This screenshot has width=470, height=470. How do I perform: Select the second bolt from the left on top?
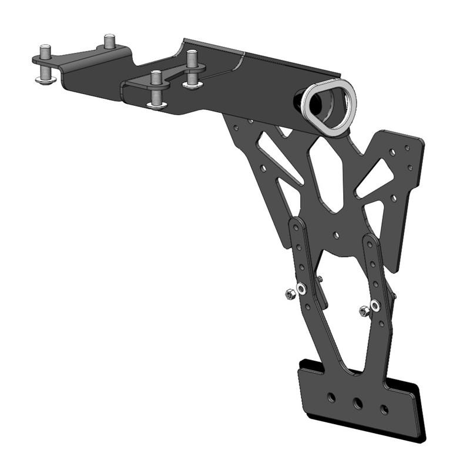(x=110, y=42)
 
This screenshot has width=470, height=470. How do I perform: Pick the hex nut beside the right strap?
(x=364, y=310)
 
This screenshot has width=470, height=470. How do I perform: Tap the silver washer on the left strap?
(x=301, y=289)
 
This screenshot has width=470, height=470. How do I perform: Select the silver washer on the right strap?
(x=375, y=305)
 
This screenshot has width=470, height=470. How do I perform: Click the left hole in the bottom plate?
(x=331, y=398)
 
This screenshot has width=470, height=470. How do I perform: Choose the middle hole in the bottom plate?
(x=357, y=403)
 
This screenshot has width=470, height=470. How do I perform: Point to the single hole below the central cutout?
(x=335, y=236)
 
